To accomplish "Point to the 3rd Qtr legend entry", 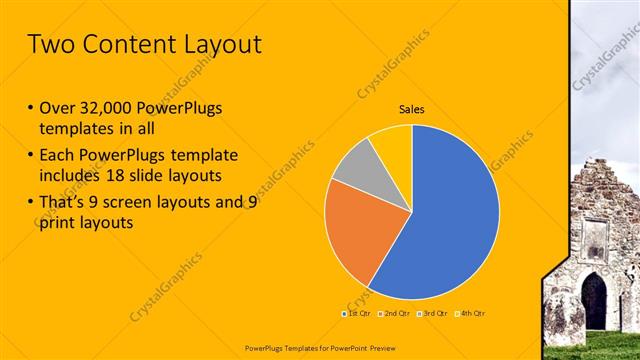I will point(432,313).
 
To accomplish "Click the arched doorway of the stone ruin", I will point(594,301).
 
